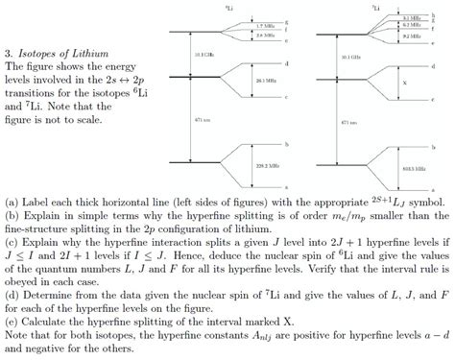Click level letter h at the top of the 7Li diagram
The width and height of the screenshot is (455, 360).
(435, 17)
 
